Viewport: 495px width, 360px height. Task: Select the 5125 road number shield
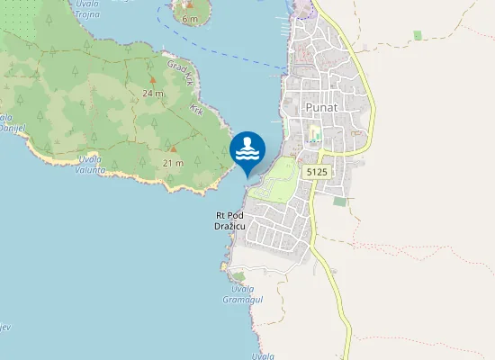pos(315,169)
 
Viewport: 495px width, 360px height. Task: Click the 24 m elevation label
pos(152,93)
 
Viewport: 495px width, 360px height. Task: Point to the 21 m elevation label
pos(174,162)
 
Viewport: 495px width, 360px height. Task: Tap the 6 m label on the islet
pos(189,18)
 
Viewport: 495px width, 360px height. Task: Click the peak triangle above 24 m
pos(152,79)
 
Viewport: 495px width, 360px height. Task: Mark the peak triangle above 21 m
pos(174,148)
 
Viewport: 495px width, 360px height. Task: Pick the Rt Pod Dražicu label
pos(236,220)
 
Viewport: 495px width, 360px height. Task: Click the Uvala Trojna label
pos(87,9)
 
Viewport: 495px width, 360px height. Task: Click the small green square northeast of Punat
pos(417,35)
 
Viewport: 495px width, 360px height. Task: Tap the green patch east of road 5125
pos(339,201)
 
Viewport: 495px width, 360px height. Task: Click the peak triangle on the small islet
pos(189,5)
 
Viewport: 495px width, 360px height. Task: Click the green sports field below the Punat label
pos(314,136)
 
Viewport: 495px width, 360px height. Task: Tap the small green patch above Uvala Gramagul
pos(238,276)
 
